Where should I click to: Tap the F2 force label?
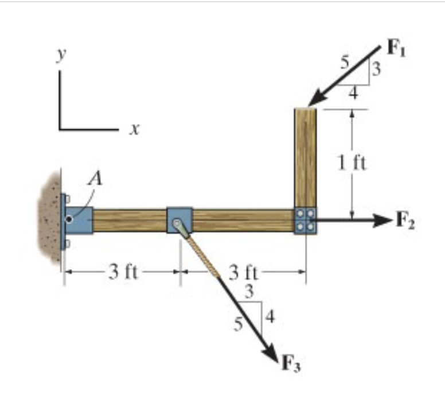click(404, 221)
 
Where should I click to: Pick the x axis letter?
click(134, 130)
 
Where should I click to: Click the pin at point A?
click(69, 219)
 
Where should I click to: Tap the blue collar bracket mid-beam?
click(179, 220)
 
